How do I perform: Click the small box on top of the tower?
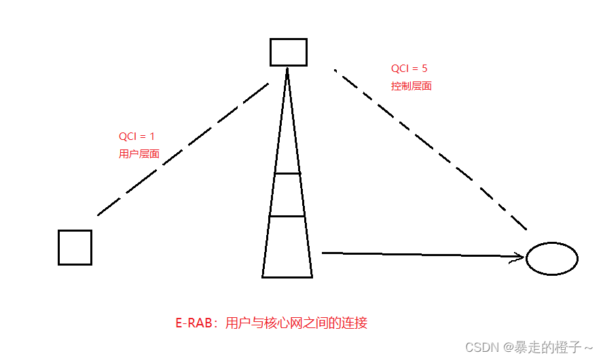[x=288, y=52]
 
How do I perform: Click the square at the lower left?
[x=75, y=247]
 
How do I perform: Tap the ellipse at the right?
[x=552, y=258]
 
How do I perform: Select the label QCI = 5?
[x=409, y=69]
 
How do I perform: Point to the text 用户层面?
[x=139, y=154]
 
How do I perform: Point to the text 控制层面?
[x=412, y=86]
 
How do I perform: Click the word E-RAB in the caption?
[x=190, y=323]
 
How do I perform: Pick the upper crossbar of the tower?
[x=287, y=174]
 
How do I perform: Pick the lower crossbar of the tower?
[x=287, y=216]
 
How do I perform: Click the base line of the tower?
[x=287, y=277]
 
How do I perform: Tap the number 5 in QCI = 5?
[x=424, y=69]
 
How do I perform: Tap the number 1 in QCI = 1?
[x=152, y=137]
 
